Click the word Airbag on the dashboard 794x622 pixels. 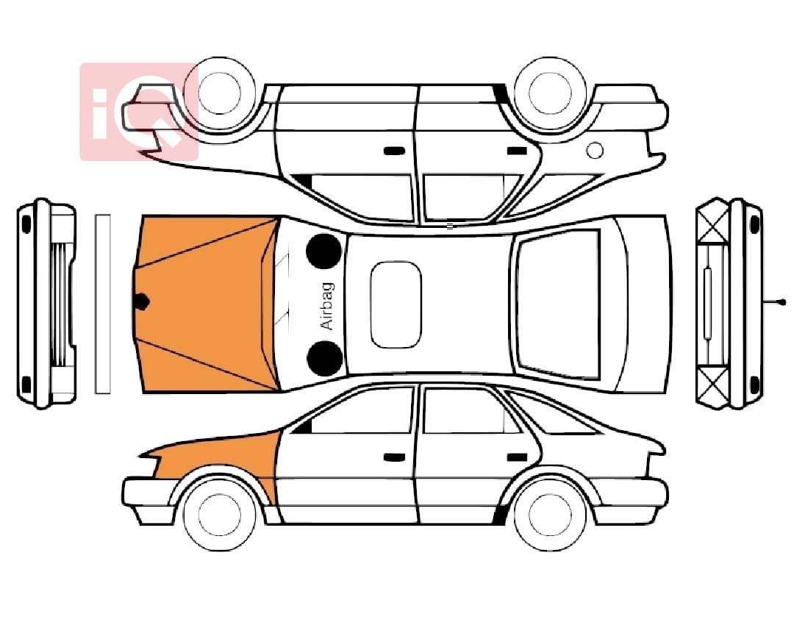328,306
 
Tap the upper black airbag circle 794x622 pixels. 323,251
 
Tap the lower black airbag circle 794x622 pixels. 325,358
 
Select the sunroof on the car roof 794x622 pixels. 396,304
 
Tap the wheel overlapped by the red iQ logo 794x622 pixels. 220,93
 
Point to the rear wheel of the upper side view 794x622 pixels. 550,93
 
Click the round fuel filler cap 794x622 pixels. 595,151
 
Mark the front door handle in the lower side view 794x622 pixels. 394,457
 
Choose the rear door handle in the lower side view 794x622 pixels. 517,457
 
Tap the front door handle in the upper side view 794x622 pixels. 394,151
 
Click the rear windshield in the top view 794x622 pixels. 558,304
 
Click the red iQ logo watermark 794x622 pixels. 139,112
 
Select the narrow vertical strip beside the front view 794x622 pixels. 103,304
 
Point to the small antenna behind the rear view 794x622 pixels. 774,302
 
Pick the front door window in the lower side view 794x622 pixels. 362,411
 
